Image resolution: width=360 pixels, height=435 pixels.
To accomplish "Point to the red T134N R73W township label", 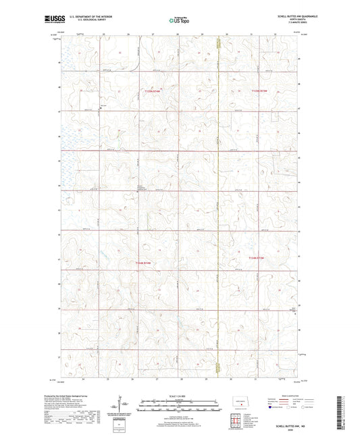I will pyautogui.click(x=260, y=257).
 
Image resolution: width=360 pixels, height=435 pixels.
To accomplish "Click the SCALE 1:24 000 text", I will pyautogui.click(x=179, y=395).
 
